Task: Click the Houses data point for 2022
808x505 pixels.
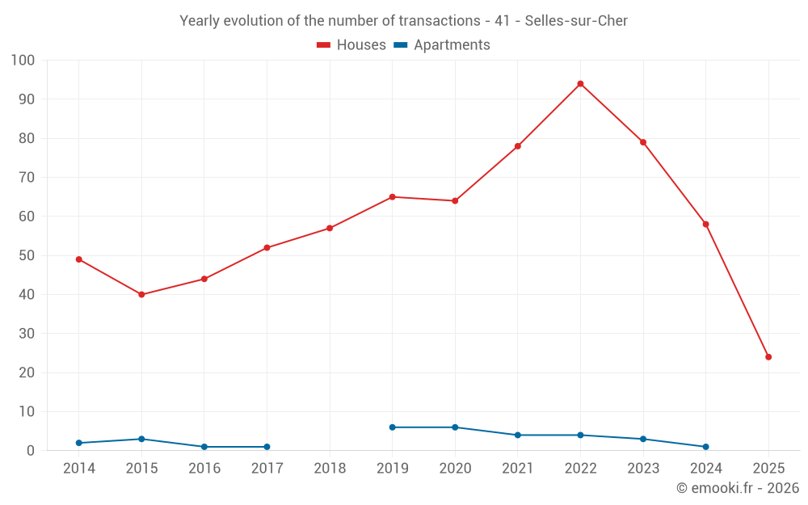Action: pyautogui.click(x=580, y=84)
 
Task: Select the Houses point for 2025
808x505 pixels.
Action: pyautogui.click(x=768, y=357)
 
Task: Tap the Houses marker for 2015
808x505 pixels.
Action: pyautogui.click(x=141, y=295)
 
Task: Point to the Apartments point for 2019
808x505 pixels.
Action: pyautogui.click(x=393, y=427)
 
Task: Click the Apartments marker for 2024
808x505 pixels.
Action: pyautogui.click(x=705, y=447)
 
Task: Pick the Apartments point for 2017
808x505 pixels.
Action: pyautogui.click(x=267, y=447)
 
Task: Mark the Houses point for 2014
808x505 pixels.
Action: pyautogui.click(x=79, y=259)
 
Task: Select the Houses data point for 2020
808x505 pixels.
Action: pyautogui.click(x=455, y=201)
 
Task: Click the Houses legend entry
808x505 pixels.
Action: pyautogui.click(x=351, y=45)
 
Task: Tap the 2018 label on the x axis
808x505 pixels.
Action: pyautogui.click(x=330, y=469)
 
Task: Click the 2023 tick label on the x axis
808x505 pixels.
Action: pyautogui.click(x=643, y=469)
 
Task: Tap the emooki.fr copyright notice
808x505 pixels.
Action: pyautogui.click(x=737, y=488)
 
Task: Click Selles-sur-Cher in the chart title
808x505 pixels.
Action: pyautogui.click(x=576, y=21)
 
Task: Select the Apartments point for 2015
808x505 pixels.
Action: pyautogui.click(x=141, y=439)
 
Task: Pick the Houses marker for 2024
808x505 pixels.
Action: pyautogui.click(x=705, y=225)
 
